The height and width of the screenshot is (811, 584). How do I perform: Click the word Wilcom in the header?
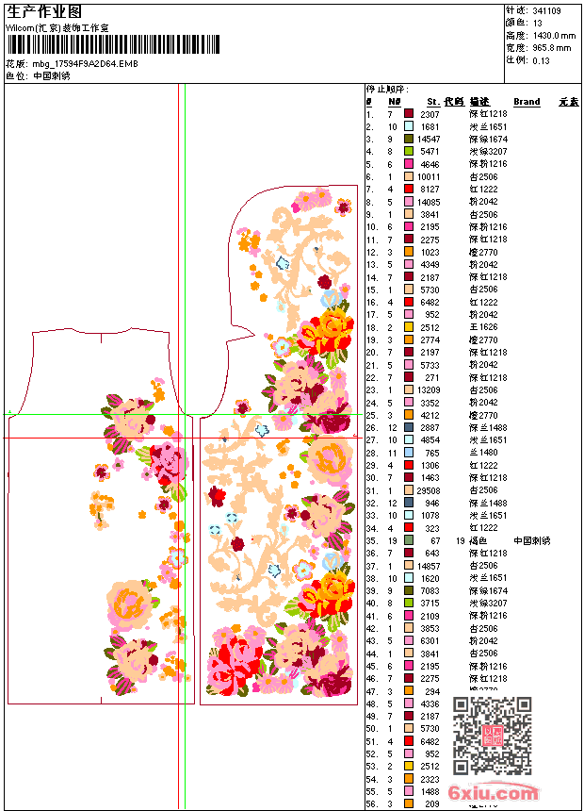pyautogui.click(x=21, y=27)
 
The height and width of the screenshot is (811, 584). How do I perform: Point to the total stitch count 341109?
pyautogui.click(x=546, y=10)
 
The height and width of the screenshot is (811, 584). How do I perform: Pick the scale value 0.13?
pyautogui.click(x=541, y=59)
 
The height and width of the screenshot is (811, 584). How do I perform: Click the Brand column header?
pyautogui.click(x=527, y=101)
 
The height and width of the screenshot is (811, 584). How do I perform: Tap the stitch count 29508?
pyautogui.click(x=429, y=489)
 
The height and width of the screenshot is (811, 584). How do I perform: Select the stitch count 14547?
pyautogui.click(x=429, y=139)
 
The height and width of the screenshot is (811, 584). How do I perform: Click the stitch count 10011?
pyautogui.click(x=429, y=176)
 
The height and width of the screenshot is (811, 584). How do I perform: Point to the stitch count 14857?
pyautogui.click(x=429, y=565)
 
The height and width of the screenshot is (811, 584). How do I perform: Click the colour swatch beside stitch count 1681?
pyautogui.click(x=409, y=126)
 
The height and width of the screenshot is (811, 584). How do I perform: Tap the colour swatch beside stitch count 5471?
pyautogui.click(x=409, y=151)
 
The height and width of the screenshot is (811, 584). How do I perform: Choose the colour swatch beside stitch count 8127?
pyautogui.click(x=409, y=189)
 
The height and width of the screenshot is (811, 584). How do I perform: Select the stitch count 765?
pyautogui.click(x=432, y=452)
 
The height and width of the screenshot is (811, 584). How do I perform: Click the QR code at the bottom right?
pyautogui.click(x=493, y=736)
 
